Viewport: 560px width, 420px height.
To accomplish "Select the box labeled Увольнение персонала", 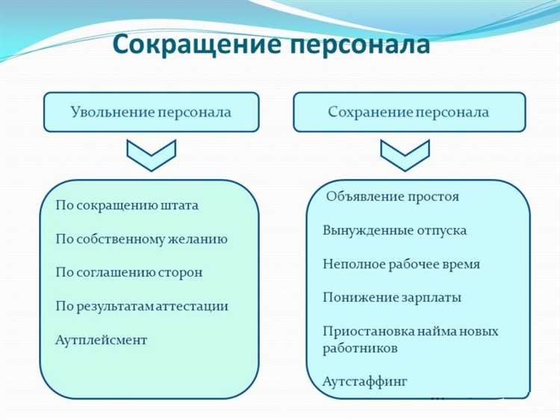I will [151, 112].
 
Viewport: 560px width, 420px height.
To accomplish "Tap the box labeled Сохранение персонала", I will [408, 112].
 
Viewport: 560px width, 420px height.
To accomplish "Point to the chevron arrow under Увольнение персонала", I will [150, 154].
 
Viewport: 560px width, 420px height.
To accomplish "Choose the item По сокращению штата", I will [127, 205].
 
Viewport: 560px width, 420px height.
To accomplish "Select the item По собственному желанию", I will [141, 239].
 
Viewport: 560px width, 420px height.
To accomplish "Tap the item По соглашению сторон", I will [128, 273].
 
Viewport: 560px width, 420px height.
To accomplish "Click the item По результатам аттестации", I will [142, 306].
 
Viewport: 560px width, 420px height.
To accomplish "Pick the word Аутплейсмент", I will [101, 340].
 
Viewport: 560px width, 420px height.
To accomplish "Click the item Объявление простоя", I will [393, 197].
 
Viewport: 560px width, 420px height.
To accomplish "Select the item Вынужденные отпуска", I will [394, 230].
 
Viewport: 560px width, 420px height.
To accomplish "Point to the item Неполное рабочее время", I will [401, 264].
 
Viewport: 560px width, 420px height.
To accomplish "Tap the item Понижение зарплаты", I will [392, 297].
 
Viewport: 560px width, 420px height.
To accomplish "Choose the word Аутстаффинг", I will [365, 382].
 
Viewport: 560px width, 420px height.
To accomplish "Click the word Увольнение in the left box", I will [112, 112].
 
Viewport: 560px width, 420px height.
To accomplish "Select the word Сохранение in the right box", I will [370, 112].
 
